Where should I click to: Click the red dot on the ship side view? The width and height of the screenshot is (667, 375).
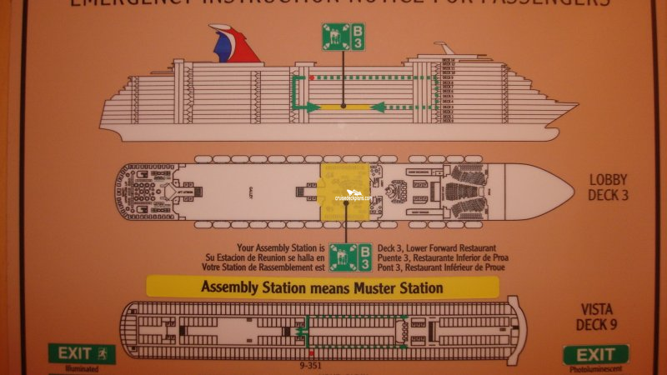(x=311, y=78)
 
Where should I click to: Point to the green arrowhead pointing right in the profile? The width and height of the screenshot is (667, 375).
(x=314, y=107)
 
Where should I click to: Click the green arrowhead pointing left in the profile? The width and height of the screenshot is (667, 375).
(x=375, y=107)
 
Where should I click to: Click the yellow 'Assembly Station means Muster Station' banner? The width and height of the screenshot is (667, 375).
(x=322, y=287)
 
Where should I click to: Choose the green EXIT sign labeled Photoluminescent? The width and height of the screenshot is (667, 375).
(x=595, y=353)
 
